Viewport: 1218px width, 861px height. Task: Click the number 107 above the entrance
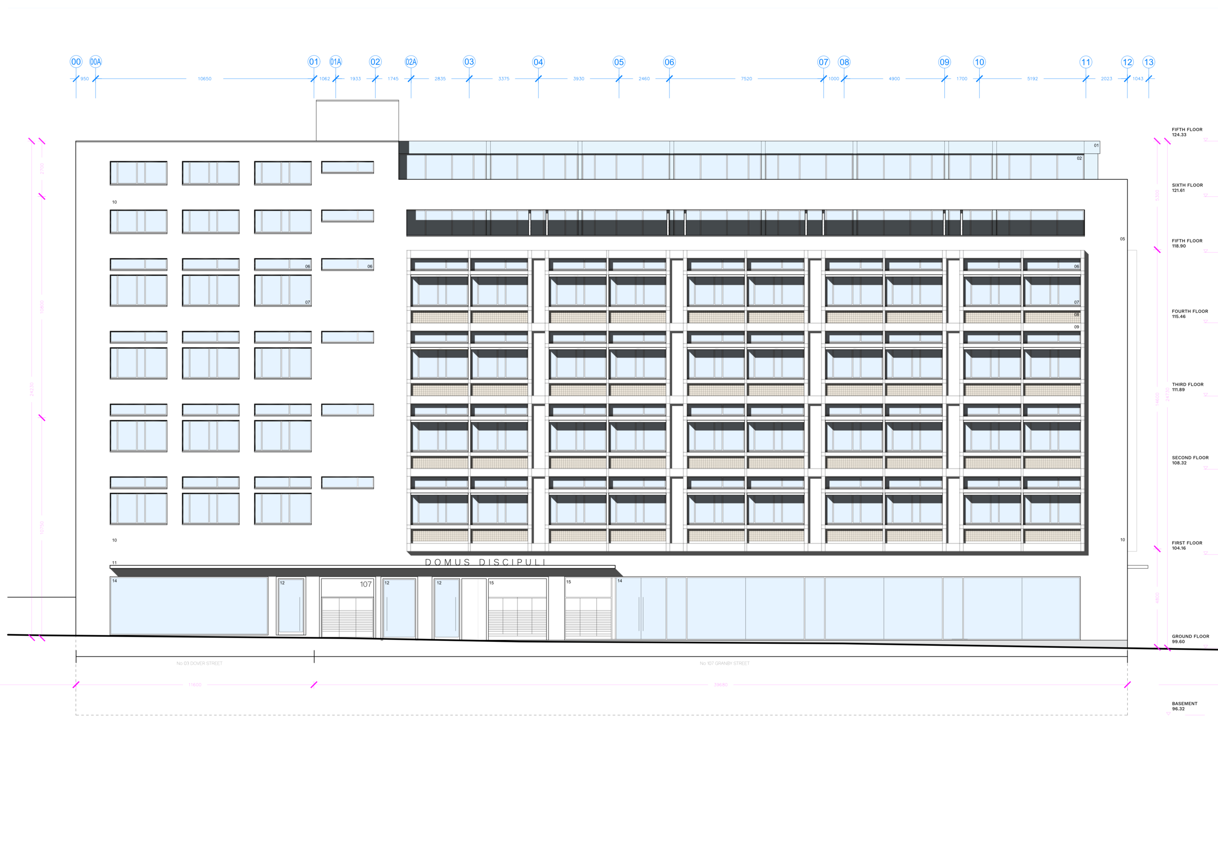pyautogui.click(x=365, y=584)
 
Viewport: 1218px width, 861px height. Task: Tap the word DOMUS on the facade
pyautogui.click(x=447, y=562)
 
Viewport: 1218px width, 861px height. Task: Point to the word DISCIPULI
pyautogui.click(x=512, y=562)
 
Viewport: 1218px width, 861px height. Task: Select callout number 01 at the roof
pyautogui.click(x=1096, y=145)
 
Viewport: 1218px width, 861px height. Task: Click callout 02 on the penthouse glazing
pyautogui.click(x=1079, y=158)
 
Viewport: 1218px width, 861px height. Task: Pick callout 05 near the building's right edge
pyautogui.click(x=1123, y=239)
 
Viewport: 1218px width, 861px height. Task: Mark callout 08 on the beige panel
pyautogui.click(x=1076, y=315)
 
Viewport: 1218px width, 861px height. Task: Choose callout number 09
pyautogui.click(x=1076, y=327)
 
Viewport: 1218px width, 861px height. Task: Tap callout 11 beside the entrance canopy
pyautogui.click(x=114, y=562)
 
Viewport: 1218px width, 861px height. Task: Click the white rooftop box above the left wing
pyautogui.click(x=357, y=120)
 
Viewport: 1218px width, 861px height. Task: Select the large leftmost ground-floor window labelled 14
pyautogui.click(x=189, y=605)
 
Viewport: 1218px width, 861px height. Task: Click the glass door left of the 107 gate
pyautogui.click(x=291, y=605)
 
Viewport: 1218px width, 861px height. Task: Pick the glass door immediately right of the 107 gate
pyautogui.click(x=399, y=608)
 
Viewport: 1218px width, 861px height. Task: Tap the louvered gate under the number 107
pyautogui.click(x=347, y=617)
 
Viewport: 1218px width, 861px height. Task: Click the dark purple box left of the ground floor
pyautogui.click(x=53, y=616)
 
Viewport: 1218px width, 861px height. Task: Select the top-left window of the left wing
pyautogui.click(x=138, y=173)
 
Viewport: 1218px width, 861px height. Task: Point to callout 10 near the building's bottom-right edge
pyautogui.click(x=1123, y=540)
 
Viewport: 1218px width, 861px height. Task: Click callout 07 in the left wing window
pyautogui.click(x=307, y=302)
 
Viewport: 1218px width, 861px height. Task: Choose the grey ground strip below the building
pyautogui.click(x=722, y=650)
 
